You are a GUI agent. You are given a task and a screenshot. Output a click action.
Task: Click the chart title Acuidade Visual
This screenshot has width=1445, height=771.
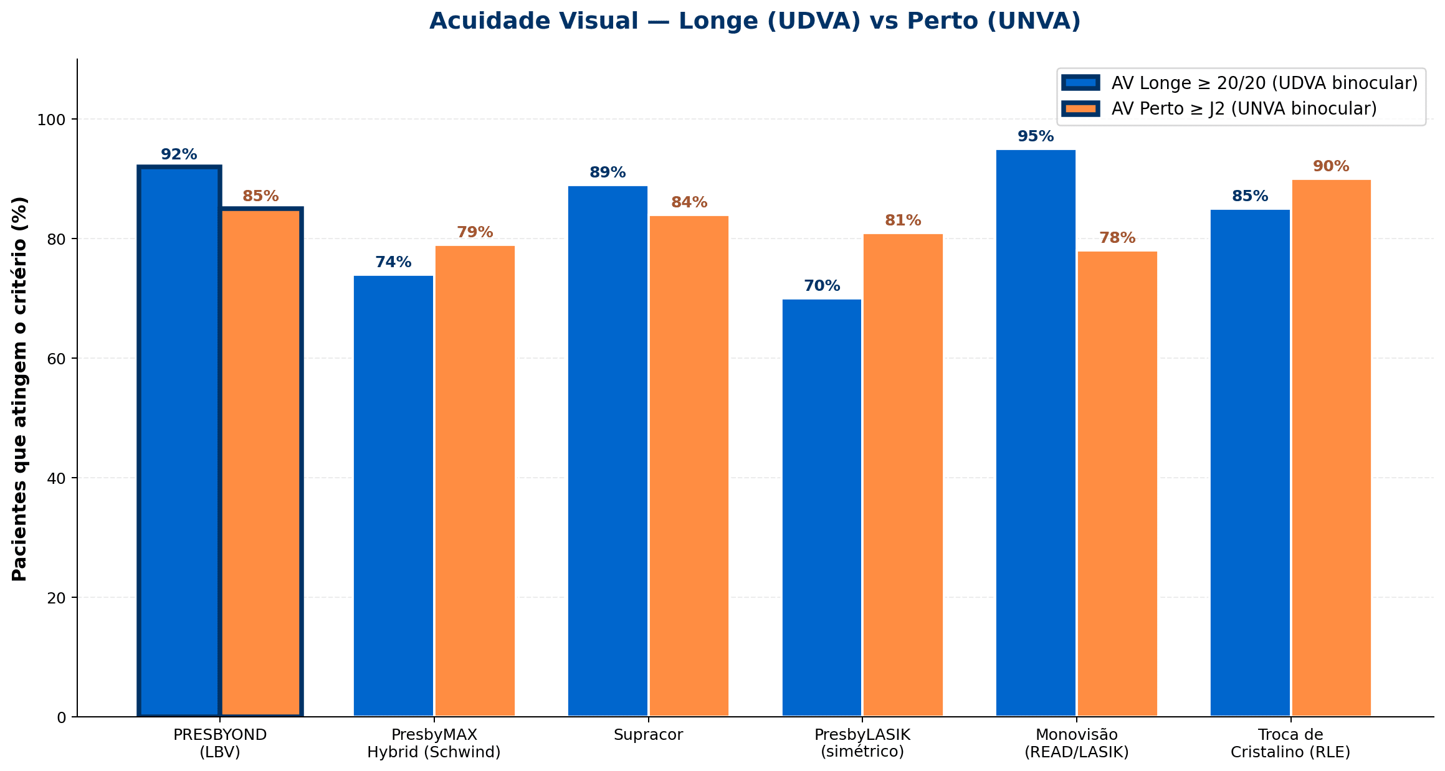point(755,22)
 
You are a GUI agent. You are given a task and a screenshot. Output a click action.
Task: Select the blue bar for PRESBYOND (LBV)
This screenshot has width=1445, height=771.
point(179,442)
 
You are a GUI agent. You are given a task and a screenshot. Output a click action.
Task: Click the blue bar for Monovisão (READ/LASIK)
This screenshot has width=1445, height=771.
point(1036,433)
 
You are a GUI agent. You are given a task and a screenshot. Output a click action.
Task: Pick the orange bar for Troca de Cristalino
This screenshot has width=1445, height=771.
point(1331,448)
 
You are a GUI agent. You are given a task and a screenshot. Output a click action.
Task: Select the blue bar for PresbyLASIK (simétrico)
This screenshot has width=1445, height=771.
point(821,508)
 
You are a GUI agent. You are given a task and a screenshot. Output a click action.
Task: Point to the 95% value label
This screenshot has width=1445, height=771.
point(1036,136)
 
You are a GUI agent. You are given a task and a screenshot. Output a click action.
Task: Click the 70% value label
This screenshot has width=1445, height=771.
point(821,286)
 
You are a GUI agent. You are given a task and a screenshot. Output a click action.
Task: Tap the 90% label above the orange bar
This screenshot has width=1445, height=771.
point(1331,166)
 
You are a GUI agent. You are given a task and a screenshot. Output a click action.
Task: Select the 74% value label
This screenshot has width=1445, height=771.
point(393,262)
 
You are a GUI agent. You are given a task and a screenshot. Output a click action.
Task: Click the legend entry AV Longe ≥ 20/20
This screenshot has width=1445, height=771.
point(1264,83)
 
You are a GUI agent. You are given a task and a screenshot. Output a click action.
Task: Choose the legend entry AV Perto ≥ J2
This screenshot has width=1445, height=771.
point(1244,108)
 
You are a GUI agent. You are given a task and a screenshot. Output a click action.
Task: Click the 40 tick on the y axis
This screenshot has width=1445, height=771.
point(57,478)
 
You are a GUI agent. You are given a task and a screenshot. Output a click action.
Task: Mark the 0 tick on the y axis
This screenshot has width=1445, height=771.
point(61,717)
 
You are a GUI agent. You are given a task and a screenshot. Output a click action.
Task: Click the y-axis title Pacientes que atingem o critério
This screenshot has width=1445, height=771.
point(20,389)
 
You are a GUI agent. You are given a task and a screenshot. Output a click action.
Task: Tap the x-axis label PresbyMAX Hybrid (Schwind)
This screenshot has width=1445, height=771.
point(434,743)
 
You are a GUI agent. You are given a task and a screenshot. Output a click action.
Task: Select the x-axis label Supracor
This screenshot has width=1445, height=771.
point(648,735)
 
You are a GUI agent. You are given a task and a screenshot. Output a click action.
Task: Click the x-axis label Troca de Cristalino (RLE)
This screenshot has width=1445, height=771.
point(1290,743)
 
